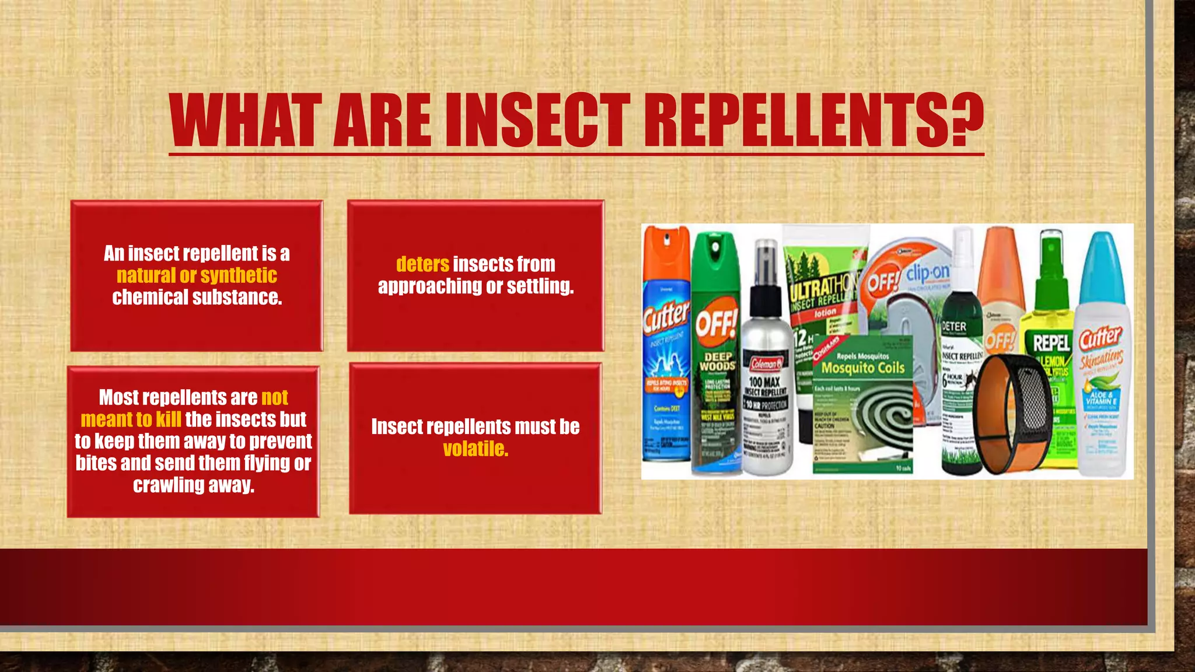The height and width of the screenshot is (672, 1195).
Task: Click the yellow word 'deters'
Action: click(x=422, y=264)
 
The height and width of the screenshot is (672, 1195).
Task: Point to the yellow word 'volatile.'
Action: click(x=476, y=449)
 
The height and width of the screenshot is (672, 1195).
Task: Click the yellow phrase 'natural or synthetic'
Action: click(x=197, y=275)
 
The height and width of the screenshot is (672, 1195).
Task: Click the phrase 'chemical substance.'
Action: click(x=197, y=297)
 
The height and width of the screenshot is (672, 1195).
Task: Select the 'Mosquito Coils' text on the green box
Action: click(x=863, y=368)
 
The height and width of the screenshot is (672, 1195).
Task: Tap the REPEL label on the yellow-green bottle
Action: click(x=1051, y=343)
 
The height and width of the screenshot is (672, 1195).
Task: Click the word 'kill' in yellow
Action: click(x=168, y=419)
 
